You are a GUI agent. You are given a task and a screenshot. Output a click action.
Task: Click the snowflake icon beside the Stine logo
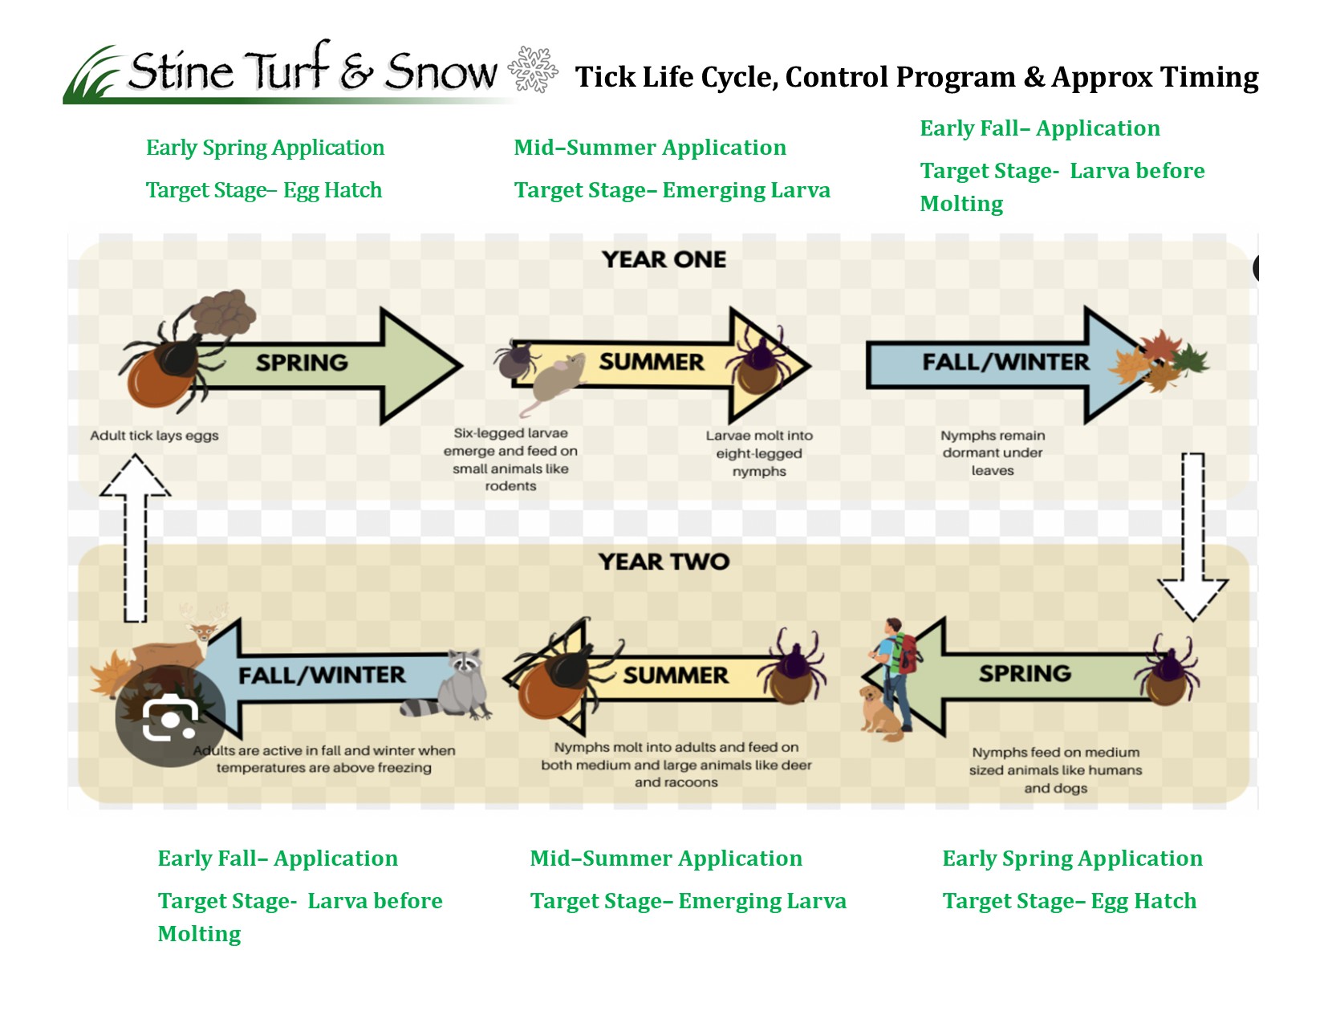(533, 69)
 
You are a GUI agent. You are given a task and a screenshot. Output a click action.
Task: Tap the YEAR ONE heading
(664, 259)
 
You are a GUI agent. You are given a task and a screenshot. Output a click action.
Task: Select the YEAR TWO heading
(664, 561)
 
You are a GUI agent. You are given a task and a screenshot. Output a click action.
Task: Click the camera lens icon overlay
(169, 717)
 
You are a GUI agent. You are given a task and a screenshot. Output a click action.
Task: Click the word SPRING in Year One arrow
(302, 363)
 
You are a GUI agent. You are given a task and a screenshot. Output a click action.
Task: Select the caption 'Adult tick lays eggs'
(154, 436)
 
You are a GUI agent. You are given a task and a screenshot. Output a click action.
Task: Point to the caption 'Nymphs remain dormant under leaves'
(993, 453)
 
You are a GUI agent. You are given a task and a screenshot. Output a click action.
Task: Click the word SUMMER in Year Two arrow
(676, 675)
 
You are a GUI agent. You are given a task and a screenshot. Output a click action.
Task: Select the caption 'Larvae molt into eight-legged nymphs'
(759, 453)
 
